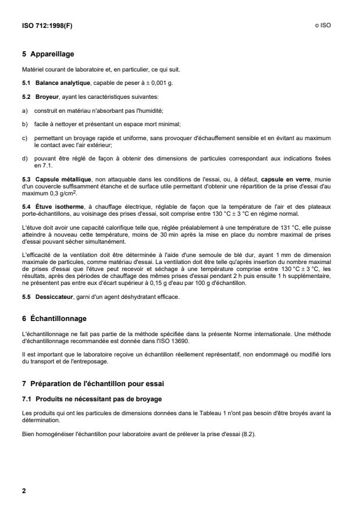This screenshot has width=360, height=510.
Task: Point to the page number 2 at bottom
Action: click(x=24, y=491)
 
